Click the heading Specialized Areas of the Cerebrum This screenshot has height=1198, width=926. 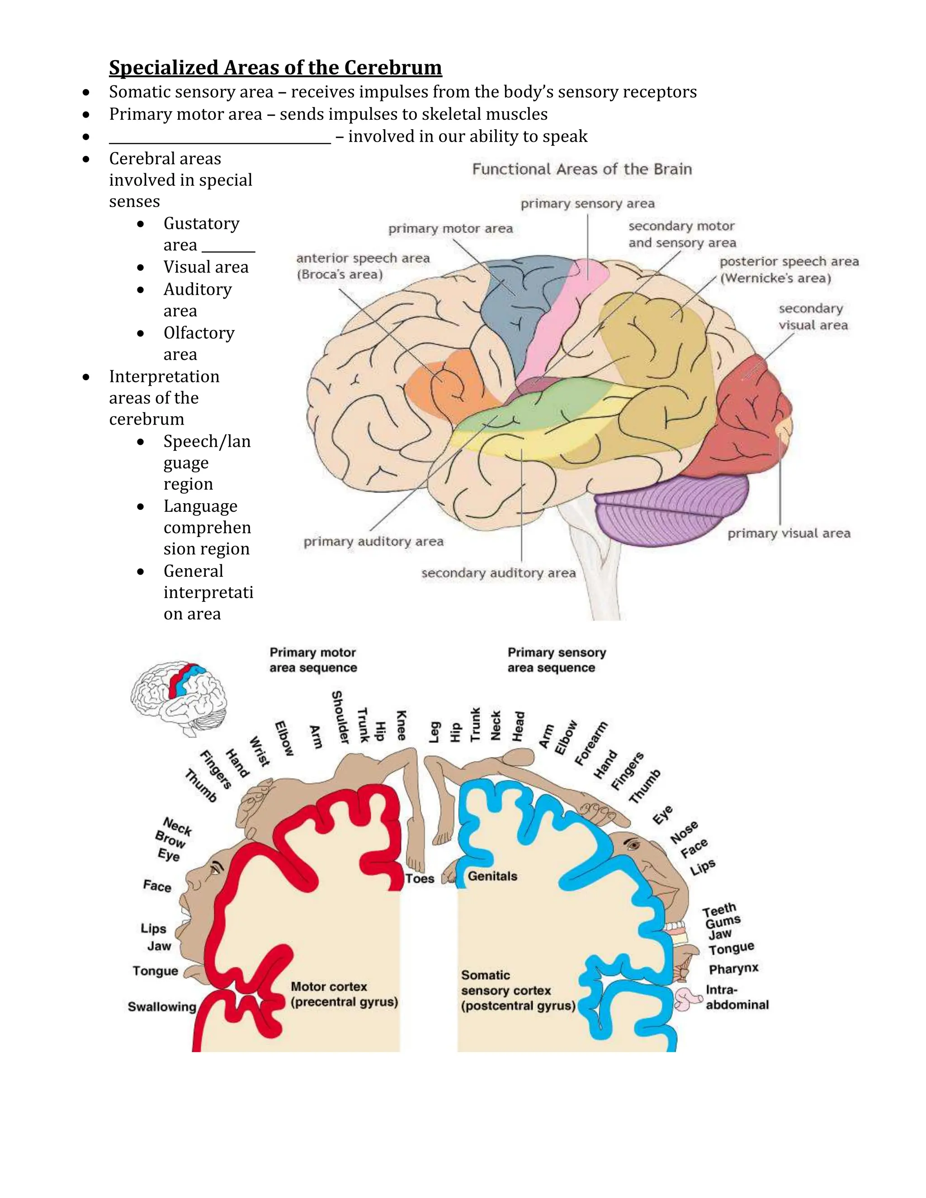(x=275, y=67)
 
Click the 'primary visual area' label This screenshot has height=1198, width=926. (x=788, y=533)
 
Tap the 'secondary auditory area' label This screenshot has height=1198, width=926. (x=498, y=573)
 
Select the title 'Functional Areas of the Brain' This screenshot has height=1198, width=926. (x=581, y=169)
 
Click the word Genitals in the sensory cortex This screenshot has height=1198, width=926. (x=492, y=876)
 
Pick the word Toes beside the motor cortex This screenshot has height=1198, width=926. (x=420, y=878)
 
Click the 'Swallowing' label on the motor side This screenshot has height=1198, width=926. (x=162, y=1007)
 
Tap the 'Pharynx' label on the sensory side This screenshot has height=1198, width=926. (x=733, y=969)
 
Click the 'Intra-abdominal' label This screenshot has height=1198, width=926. (x=737, y=997)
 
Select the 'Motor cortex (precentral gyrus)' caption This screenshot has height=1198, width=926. (x=344, y=994)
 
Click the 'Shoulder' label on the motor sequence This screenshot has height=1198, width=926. (x=340, y=717)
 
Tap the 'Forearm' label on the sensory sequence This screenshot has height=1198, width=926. (x=591, y=743)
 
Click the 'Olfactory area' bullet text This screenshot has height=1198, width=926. (x=198, y=343)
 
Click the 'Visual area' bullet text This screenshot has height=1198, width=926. (x=206, y=267)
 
